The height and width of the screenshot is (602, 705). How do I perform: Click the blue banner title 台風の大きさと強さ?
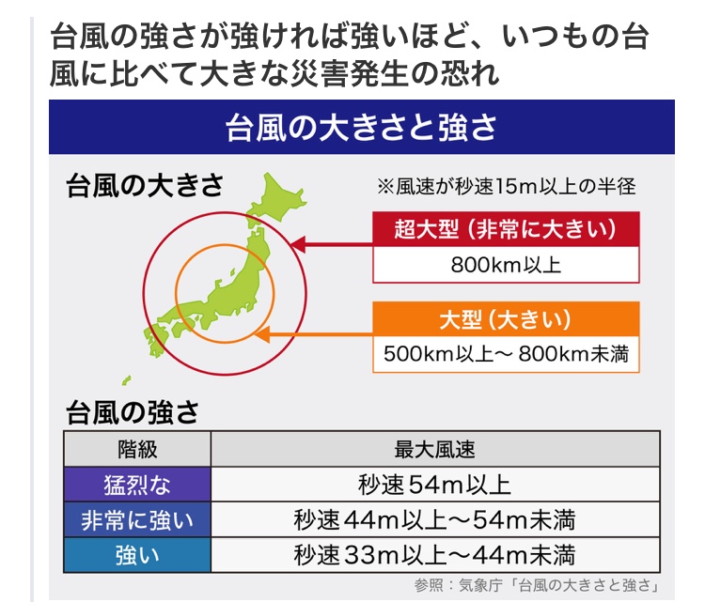(361, 127)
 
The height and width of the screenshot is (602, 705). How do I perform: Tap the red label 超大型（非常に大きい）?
(506, 229)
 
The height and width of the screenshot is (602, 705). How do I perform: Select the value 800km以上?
(506, 265)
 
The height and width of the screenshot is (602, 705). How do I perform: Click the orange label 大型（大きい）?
(506, 319)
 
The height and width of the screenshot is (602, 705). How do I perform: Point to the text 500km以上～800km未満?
(506, 354)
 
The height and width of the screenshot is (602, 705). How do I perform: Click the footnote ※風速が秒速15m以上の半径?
(507, 186)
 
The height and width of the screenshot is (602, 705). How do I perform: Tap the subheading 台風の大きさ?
(145, 185)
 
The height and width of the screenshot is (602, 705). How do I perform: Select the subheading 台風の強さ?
(133, 412)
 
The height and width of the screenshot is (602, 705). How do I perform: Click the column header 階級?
(137, 449)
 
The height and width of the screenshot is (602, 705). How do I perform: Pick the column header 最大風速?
(435, 449)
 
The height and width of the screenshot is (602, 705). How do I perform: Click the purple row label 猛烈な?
(137, 485)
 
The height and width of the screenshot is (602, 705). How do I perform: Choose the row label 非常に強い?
(137, 520)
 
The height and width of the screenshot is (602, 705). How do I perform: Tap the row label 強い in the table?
(137, 555)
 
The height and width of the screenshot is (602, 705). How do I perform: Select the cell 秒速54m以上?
(434, 485)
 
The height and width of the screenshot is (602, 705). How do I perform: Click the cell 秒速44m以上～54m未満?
(434, 520)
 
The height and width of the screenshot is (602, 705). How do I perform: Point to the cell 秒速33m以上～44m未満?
(434, 555)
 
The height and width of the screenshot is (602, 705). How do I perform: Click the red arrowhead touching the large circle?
(298, 245)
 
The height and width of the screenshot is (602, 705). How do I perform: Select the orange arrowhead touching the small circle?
(262, 334)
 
